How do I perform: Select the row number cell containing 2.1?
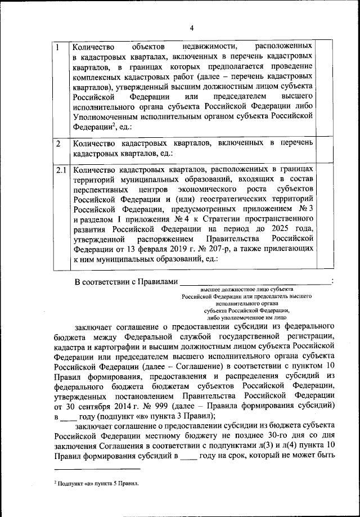pyautogui.click(x=61, y=169)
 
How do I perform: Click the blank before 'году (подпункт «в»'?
pyautogui.click(x=67, y=417)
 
